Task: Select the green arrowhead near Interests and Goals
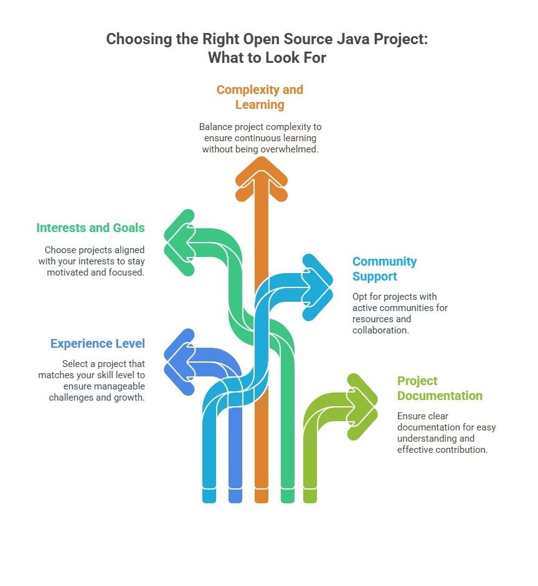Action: tap(179, 243)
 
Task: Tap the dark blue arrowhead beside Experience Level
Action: tap(179, 362)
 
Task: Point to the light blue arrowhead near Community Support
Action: tap(318, 287)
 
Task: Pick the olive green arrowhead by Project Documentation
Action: tap(363, 407)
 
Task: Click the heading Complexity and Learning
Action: tap(260, 97)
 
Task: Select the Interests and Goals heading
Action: tap(90, 228)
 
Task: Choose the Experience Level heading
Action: tap(98, 343)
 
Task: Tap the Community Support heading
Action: tap(385, 269)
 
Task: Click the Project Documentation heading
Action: tap(440, 388)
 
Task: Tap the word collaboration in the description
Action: tap(380, 330)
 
